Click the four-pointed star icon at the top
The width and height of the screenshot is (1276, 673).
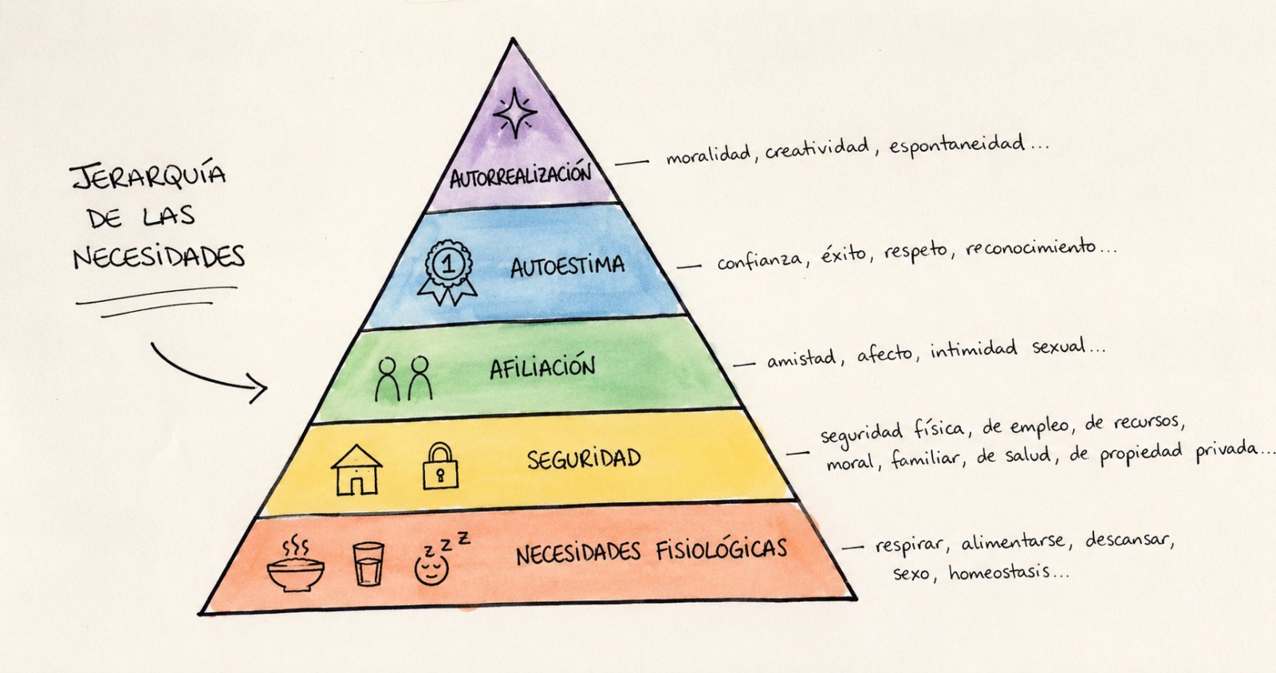click(515, 112)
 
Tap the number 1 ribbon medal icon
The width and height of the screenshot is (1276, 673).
click(447, 272)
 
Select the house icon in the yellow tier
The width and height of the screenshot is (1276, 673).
click(356, 470)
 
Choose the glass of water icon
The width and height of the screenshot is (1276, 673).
click(368, 564)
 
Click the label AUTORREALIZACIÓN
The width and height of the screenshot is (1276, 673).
click(520, 175)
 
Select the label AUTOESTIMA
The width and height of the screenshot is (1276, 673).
click(567, 266)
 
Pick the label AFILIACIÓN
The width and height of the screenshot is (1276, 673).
click(542, 368)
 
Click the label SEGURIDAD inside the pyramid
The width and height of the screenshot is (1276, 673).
click(584, 459)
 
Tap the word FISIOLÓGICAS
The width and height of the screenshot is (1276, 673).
click(721, 549)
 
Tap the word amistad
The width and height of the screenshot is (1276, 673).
click(801, 359)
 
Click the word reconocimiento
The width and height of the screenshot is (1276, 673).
click(1030, 248)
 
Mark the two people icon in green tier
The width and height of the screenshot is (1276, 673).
click(404, 379)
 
